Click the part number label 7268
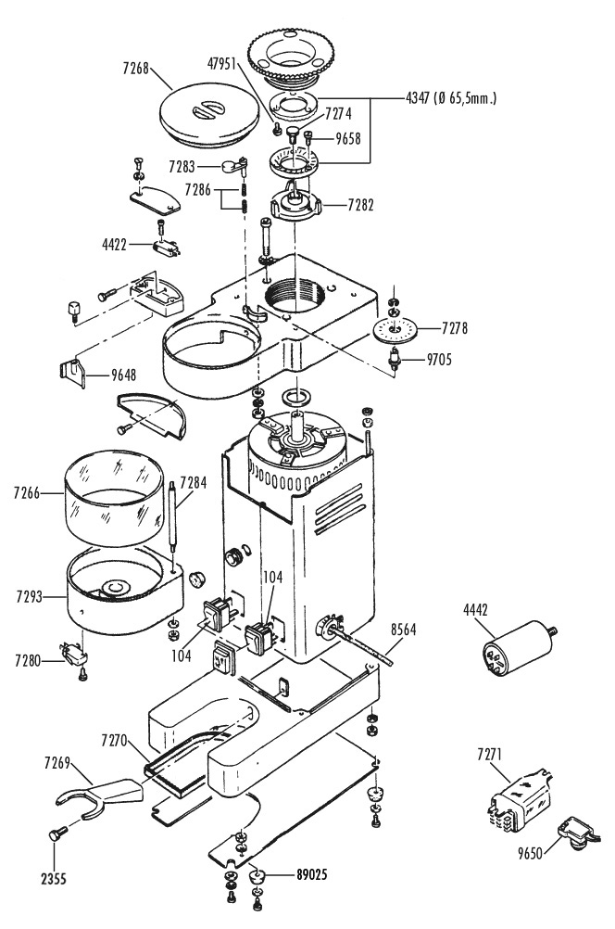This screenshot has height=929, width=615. [x=135, y=68]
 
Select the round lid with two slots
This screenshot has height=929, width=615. [x=209, y=115]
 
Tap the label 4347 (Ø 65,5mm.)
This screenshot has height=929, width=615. [x=451, y=97]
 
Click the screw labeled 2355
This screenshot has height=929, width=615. [x=57, y=834]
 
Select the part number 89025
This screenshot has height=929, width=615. [x=311, y=874]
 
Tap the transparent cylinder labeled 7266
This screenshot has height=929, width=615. [x=113, y=497]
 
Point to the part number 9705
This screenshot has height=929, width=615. [x=439, y=359]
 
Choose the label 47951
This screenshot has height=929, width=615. [x=222, y=63]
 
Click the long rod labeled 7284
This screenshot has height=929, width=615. [x=173, y=516]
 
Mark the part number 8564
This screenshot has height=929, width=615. [x=403, y=630]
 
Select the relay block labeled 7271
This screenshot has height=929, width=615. [x=519, y=799]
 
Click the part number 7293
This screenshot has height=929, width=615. [x=30, y=597]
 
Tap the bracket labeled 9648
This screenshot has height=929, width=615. [x=73, y=373]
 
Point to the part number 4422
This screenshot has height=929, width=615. [x=114, y=244]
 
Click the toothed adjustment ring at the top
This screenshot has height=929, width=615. [x=291, y=55]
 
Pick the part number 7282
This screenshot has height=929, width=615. [x=361, y=205]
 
